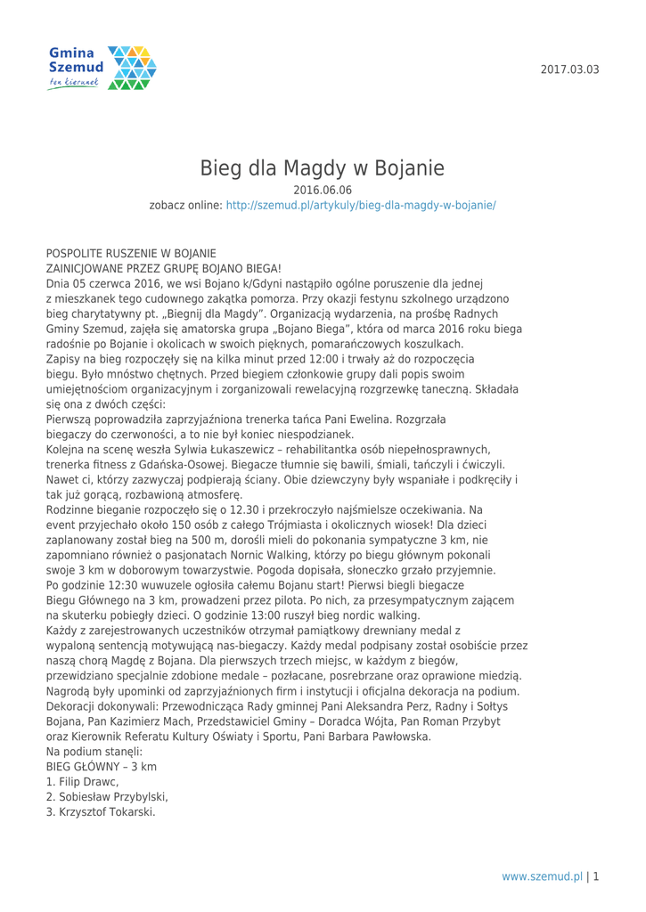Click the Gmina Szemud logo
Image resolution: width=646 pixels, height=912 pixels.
click(101, 68)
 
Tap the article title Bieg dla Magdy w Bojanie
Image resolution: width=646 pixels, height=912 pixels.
click(322, 167)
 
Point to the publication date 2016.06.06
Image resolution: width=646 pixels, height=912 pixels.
click(322, 190)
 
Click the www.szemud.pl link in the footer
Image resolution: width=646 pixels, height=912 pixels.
click(542, 875)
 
